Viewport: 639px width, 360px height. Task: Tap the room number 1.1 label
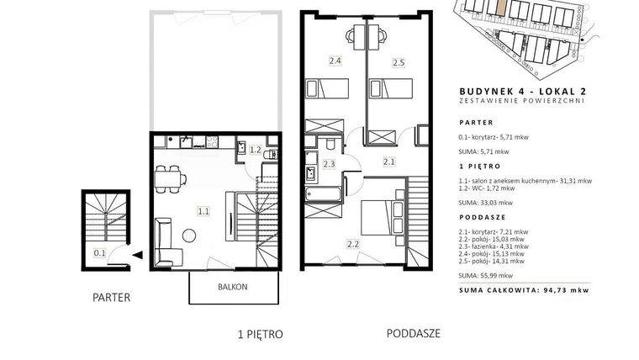point(203,212)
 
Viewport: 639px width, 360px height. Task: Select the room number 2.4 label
point(334,61)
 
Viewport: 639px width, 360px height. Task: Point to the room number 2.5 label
point(399,62)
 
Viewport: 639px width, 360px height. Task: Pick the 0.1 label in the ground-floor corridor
point(100,251)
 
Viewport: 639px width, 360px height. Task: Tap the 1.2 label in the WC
point(256,151)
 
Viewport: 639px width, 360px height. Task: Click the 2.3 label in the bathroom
point(329,164)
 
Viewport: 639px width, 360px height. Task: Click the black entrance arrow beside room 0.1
point(136,253)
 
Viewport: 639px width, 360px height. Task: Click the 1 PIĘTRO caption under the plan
point(260,334)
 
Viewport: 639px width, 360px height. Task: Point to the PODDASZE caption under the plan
point(414,333)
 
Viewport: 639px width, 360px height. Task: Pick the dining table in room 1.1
point(172,177)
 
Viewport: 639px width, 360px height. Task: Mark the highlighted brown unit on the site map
point(500,9)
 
